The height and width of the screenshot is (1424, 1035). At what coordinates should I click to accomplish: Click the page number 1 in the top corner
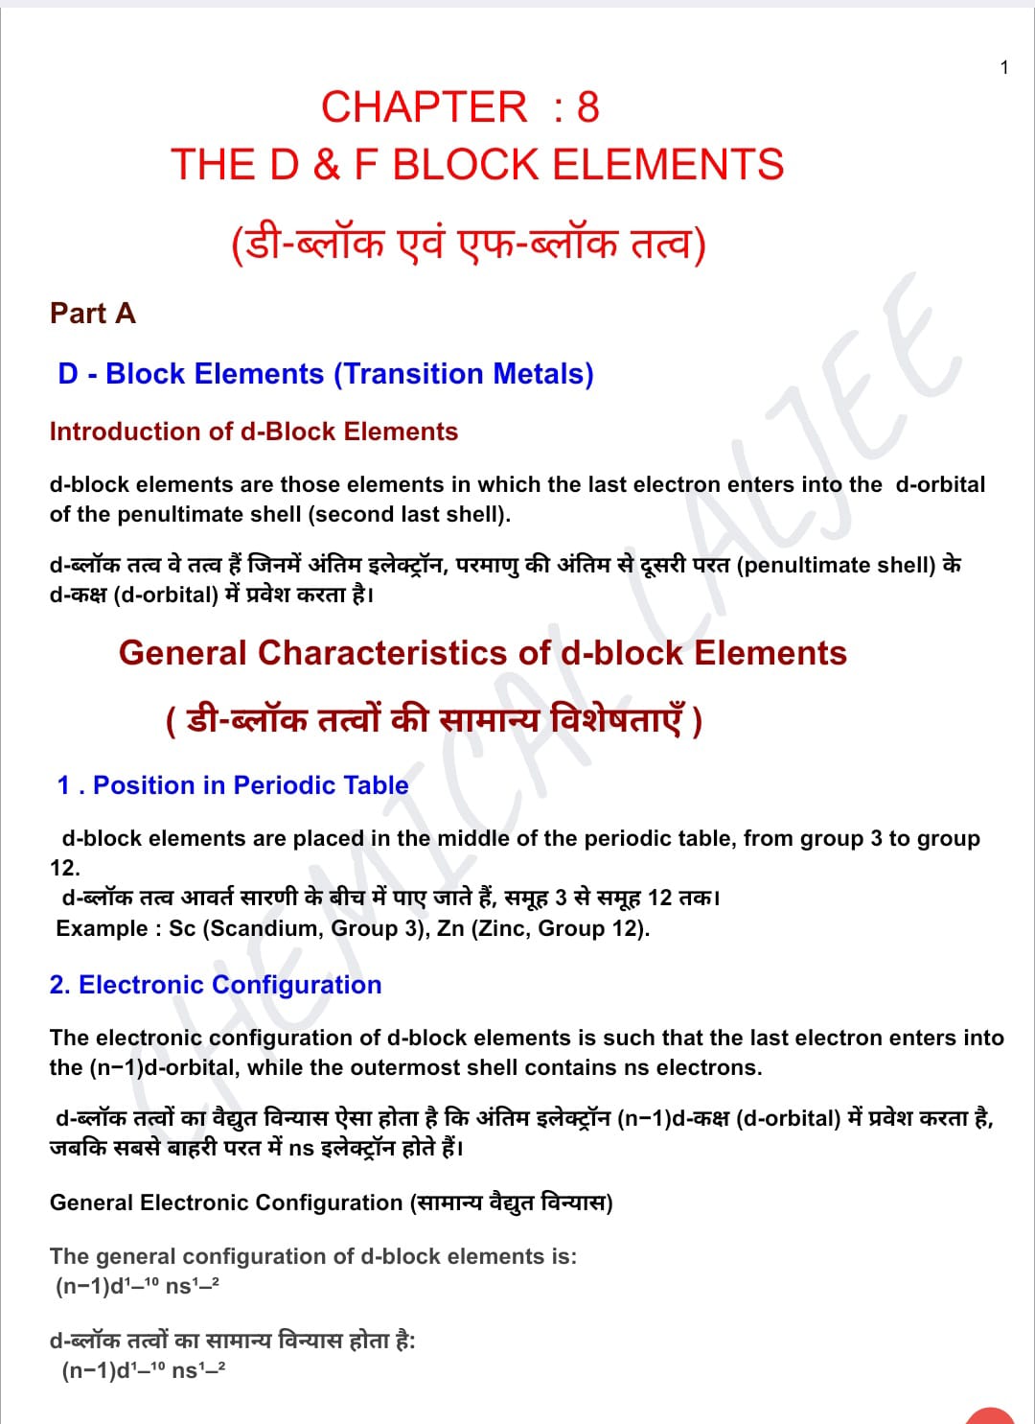coord(1003,67)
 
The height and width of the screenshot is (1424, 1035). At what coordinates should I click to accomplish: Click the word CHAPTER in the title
coord(424,107)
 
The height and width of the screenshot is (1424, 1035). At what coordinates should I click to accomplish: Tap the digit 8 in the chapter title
coord(587,107)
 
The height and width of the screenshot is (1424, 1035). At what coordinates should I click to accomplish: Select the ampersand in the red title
coord(326,165)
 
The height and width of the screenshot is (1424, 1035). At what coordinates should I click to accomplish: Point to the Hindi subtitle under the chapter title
coord(468,244)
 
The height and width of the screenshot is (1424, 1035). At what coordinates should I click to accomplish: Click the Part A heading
coord(92,314)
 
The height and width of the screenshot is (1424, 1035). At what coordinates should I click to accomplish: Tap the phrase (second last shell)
coord(409,514)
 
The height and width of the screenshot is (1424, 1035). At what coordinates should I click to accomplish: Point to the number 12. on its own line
coord(65,868)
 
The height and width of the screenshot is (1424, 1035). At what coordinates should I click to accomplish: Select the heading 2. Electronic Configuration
coord(216,985)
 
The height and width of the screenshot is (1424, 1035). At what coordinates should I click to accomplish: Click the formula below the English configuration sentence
coord(137,1286)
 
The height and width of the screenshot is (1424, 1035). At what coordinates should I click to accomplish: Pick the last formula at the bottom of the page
coord(144,1370)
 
